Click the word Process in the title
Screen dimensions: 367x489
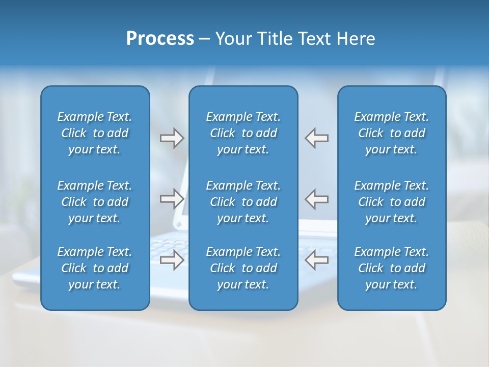click(160, 39)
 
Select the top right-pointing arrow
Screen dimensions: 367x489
click(172, 138)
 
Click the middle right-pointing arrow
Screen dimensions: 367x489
click(172, 198)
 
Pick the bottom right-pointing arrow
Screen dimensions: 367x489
click(172, 259)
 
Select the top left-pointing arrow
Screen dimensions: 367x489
click(317, 138)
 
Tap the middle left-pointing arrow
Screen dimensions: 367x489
click(317, 198)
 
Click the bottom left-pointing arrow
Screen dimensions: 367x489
click(317, 259)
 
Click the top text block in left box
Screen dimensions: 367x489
click(95, 133)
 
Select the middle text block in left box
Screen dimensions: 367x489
click(95, 202)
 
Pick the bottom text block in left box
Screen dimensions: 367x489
click(95, 268)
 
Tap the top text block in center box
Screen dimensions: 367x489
click(243, 133)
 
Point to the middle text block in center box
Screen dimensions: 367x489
click(243, 202)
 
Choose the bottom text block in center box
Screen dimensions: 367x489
click(243, 268)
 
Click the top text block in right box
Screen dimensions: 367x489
click(391, 133)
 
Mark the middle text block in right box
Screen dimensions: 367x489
click(391, 202)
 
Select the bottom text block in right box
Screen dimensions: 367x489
click(391, 268)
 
